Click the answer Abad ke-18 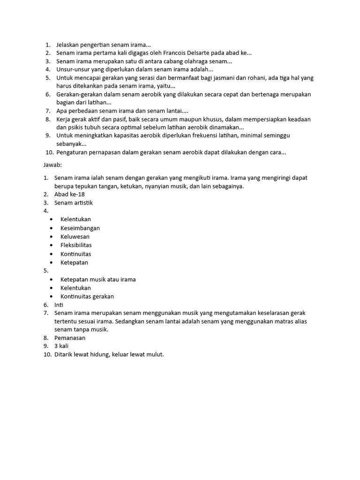(x=69, y=194)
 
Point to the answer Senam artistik (x=74, y=202)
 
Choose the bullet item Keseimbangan (x=80, y=228)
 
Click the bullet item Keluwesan (x=75, y=237)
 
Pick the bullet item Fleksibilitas (x=76, y=245)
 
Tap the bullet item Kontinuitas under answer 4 (x=75, y=254)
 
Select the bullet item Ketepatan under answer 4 (x=74, y=262)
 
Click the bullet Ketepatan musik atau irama (x=98, y=279)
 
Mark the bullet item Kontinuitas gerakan (x=87, y=296)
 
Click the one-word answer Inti (x=59, y=305)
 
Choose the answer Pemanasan (x=70, y=337)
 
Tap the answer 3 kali (x=61, y=346)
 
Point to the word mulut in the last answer (x=154, y=354)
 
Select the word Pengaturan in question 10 (x=73, y=152)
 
